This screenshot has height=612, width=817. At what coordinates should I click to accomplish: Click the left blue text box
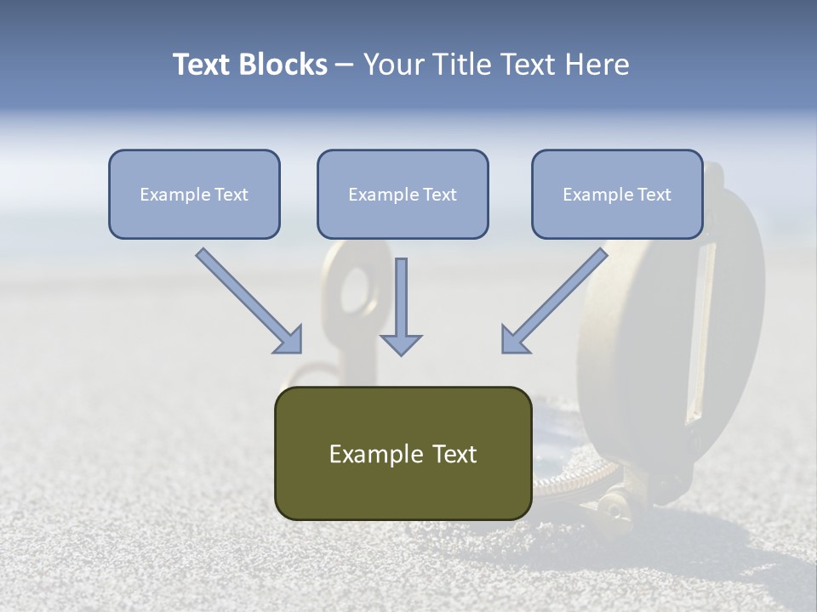(194, 194)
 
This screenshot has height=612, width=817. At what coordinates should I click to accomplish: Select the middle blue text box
(403, 194)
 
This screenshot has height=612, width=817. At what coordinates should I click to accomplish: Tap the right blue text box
(617, 194)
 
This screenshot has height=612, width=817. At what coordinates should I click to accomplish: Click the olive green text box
(403, 453)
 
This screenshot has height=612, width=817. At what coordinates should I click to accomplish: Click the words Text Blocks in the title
(249, 65)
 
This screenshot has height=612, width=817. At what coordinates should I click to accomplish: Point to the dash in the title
(345, 65)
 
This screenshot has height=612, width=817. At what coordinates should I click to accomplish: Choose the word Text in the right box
(654, 195)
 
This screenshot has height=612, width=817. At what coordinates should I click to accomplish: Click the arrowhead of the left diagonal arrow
(289, 340)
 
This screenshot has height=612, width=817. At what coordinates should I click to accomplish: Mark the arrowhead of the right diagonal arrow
(514, 340)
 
